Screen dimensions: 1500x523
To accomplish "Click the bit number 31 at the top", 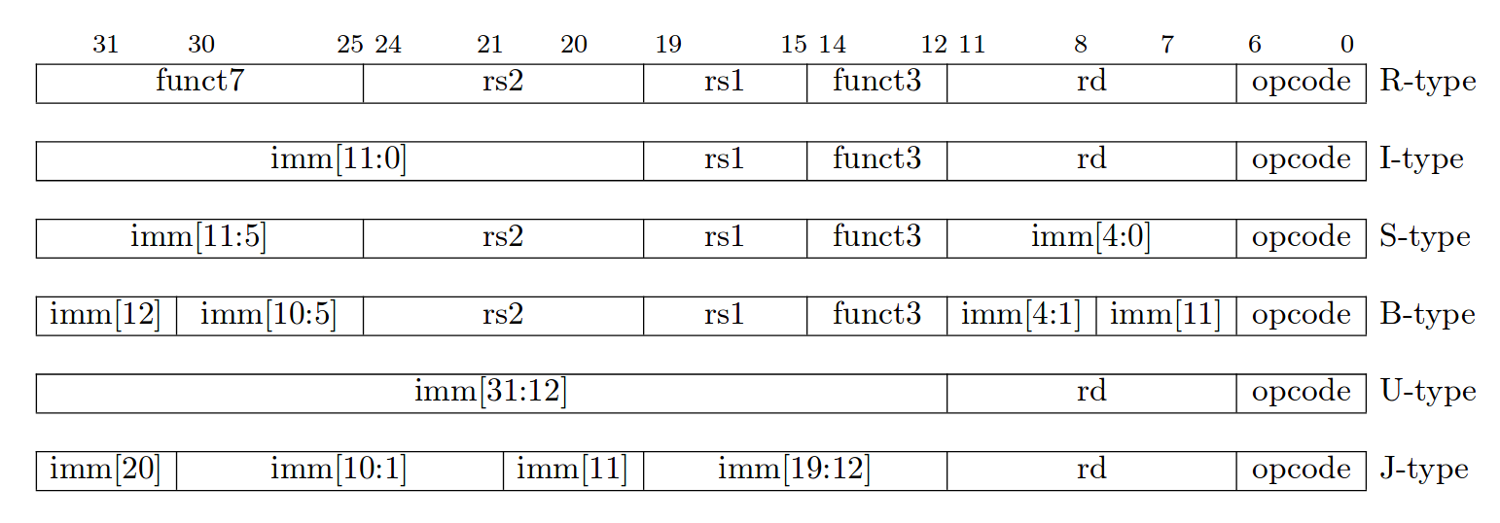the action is click(105, 44).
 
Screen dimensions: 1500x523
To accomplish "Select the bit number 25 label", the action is click(349, 44).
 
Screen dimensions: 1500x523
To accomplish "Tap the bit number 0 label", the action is click(1347, 44).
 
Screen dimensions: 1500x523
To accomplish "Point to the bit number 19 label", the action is click(668, 44).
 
